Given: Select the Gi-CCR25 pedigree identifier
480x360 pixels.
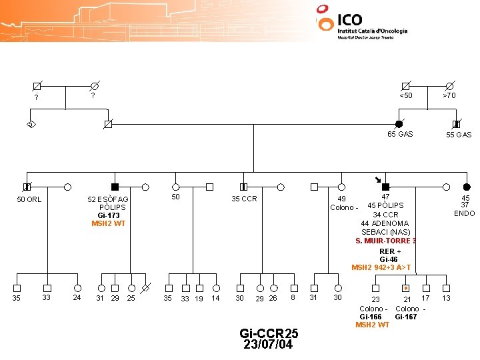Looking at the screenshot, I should (x=269, y=333).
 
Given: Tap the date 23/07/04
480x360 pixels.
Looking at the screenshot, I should (x=269, y=345).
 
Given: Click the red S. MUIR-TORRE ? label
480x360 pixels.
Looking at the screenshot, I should (x=385, y=241).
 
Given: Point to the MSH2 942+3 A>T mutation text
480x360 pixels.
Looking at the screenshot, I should (x=381, y=267).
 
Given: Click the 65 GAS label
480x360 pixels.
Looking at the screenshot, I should (x=400, y=134).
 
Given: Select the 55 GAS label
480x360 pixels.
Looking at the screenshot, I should (x=459, y=135).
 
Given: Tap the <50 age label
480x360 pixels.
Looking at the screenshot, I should (x=405, y=95).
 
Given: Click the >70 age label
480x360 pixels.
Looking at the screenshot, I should (x=450, y=95).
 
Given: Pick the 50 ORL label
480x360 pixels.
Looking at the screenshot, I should (x=29, y=199).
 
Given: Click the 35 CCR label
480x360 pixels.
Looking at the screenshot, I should (x=244, y=199).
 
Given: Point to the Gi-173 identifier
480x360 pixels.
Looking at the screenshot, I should (x=109, y=215).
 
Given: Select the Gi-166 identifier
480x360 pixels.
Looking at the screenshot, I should (x=371, y=317).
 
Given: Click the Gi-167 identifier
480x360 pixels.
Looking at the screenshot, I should (x=407, y=317).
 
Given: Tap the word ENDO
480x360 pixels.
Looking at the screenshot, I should (x=464, y=213).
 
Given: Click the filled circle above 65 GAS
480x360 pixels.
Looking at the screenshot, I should (x=399, y=124).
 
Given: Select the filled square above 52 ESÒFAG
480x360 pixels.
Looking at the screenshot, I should (x=115, y=187).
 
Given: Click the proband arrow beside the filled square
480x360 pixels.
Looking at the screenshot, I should (x=377, y=179).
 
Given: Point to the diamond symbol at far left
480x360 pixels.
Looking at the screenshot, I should (x=31, y=124).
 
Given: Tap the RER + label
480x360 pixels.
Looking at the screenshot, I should (x=390, y=251).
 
